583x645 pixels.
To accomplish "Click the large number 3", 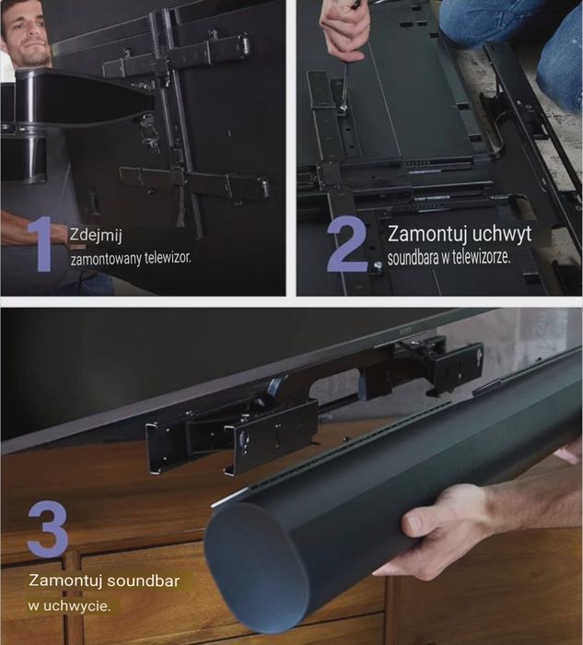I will click(x=48, y=528).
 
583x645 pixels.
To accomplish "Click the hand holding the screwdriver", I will click(x=344, y=28).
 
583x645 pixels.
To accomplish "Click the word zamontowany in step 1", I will click(x=102, y=259).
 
